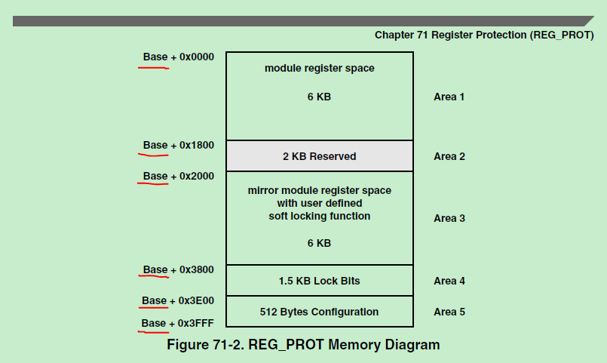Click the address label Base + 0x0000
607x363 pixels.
click(x=179, y=57)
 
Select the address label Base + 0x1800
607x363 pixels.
click(x=179, y=145)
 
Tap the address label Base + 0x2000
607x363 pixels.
click(x=179, y=176)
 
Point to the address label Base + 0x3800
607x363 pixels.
click(x=179, y=269)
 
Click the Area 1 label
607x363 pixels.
click(x=449, y=97)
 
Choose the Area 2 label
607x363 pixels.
click(x=449, y=156)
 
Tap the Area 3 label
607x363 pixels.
click(x=449, y=218)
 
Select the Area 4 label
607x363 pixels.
click(x=449, y=281)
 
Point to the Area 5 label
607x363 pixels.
click(x=449, y=312)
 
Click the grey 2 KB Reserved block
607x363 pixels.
click(x=320, y=156)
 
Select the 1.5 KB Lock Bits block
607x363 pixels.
click(x=320, y=281)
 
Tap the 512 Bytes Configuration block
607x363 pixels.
click(x=320, y=312)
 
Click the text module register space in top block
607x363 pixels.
click(x=320, y=68)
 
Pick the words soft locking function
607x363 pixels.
click(x=320, y=216)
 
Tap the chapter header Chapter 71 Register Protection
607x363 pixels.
click(x=484, y=35)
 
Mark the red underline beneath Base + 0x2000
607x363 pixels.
click(x=153, y=184)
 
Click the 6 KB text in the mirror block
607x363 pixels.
click(x=320, y=243)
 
